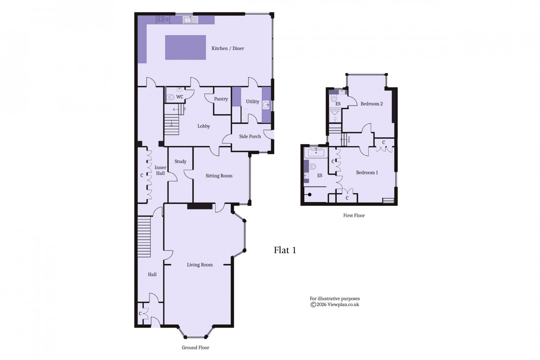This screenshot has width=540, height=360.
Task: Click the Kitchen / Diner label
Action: [x=228, y=48]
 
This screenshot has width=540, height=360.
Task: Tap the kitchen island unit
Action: [x=185, y=47]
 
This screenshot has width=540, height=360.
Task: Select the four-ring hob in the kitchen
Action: [x=163, y=19]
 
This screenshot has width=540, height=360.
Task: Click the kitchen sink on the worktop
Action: [x=190, y=20]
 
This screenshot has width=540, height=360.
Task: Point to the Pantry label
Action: [x=221, y=99]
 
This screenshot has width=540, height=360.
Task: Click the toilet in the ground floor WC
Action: [x=171, y=97]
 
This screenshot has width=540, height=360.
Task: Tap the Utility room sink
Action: [x=266, y=105]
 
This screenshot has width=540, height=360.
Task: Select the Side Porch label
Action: [x=250, y=136]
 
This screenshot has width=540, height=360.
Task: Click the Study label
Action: [x=180, y=161]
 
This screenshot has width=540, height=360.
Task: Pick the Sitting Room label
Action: [x=219, y=176]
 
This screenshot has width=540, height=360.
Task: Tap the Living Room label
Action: [x=200, y=265]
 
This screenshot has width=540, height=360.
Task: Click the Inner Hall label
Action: [x=160, y=170]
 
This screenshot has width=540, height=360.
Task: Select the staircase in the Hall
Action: [x=144, y=237]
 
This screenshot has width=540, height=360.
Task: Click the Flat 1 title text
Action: [x=285, y=250]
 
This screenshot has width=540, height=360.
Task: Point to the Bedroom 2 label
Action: [x=371, y=104]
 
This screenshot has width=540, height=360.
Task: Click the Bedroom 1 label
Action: [x=367, y=173]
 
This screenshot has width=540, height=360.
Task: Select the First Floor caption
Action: [x=354, y=215]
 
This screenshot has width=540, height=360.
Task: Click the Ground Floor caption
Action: [x=195, y=348]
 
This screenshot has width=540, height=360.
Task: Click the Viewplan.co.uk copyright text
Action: [x=335, y=304]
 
